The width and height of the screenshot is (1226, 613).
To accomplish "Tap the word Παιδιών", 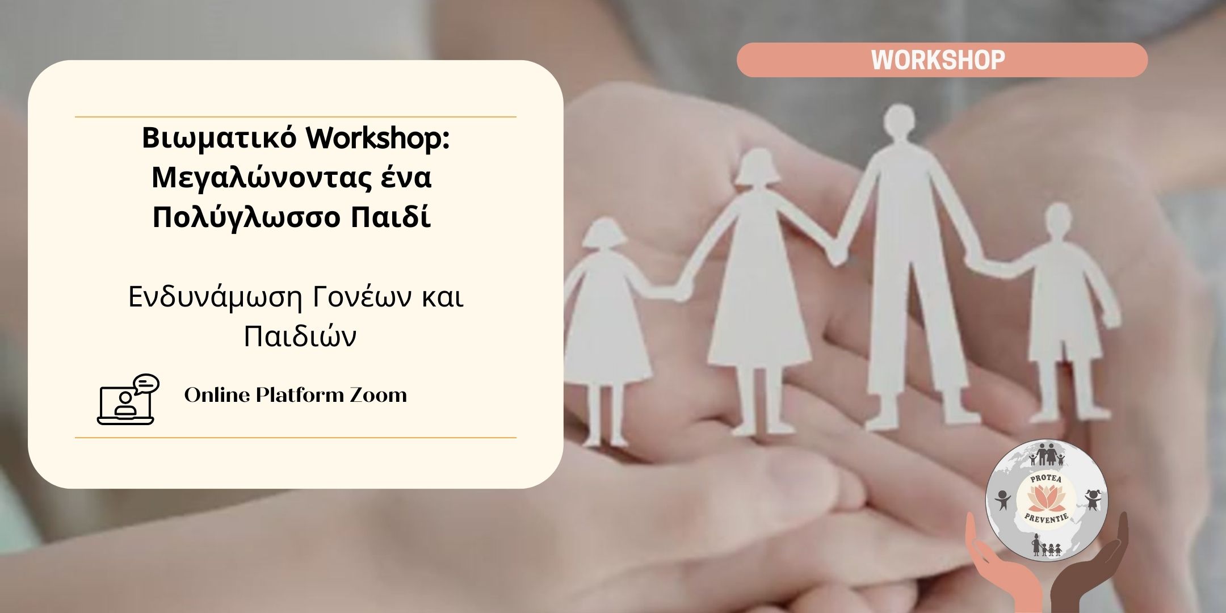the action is (300, 337).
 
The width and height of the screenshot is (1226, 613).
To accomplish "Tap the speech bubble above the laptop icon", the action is (146, 384).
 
